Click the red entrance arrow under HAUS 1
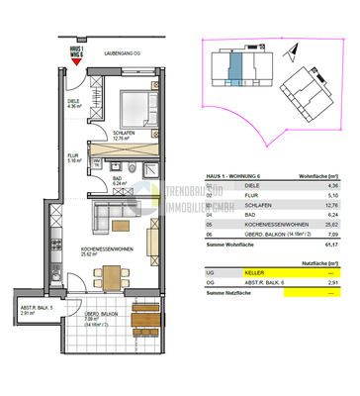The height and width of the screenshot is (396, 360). [x=76, y=63]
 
